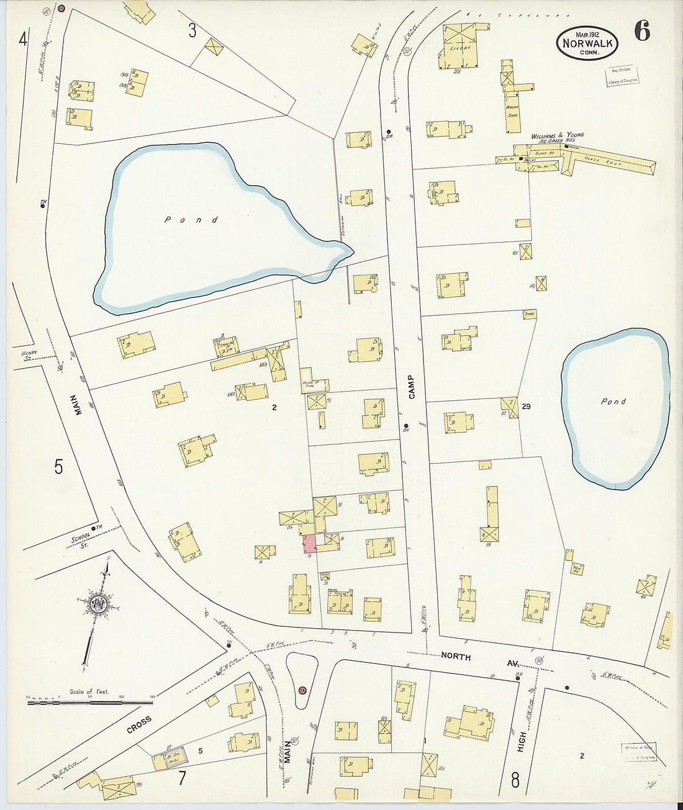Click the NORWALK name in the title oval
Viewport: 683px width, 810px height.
click(587, 43)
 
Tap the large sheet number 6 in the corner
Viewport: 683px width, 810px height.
click(642, 31)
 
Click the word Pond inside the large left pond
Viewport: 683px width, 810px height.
click(191, 220)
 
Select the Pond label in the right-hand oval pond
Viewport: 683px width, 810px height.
click(613, 402)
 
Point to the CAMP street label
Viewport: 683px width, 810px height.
click(411, 387)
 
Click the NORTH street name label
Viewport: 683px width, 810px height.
click(456, 656)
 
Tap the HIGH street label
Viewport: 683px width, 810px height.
click(522, 742)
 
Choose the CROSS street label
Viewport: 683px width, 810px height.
click(139, 724)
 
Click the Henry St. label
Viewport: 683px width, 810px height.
click(30, 355)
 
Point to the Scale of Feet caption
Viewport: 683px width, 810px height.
click(89, 691)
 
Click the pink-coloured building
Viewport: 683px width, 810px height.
click(309, 544)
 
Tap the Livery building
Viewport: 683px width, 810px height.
click(460, 47)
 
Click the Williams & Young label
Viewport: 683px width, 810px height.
click(557, 135)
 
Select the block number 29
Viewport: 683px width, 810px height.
click(527, 407)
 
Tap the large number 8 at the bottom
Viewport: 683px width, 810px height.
click(515, 780)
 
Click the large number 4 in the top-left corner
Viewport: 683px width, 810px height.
click(23, 40)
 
